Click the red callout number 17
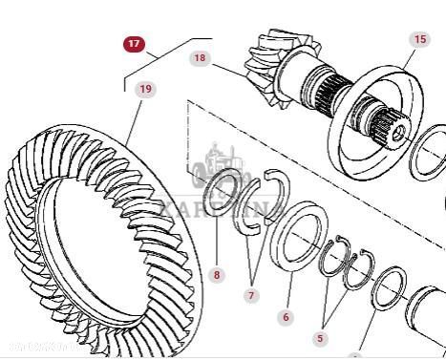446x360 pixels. pos(134,44)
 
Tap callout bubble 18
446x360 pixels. pos(200,58)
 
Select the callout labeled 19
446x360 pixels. pos(144,90)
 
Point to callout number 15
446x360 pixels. pos(419,39)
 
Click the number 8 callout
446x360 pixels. pos(217,275)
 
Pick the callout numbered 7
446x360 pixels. pos(251,296)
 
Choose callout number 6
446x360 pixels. pos(287,317)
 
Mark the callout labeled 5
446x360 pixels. pos(321,337)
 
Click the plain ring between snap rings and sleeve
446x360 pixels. pos(390,290)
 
